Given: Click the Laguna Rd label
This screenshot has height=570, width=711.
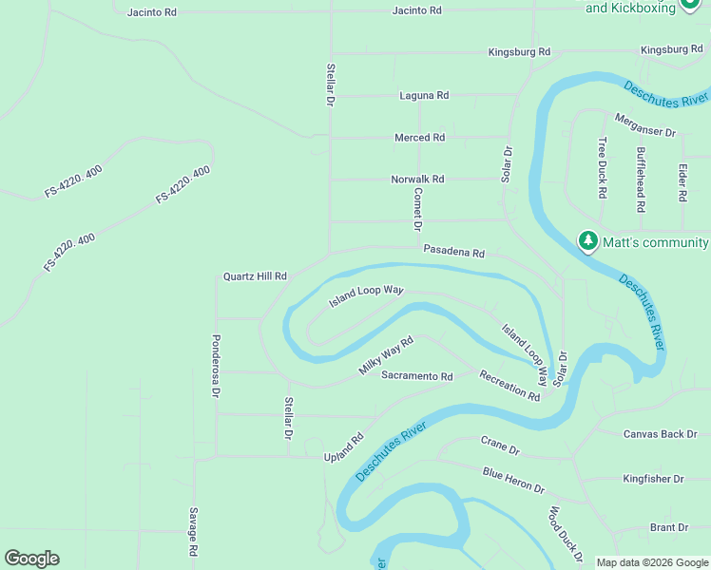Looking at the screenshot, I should point(424,96).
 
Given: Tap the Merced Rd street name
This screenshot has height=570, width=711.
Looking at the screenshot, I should point(419,138).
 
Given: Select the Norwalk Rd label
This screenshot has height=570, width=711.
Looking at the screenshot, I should point(417,179).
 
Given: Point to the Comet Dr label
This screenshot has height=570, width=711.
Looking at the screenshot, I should point(416,209).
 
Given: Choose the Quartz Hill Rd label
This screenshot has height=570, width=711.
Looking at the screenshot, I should point(255,276).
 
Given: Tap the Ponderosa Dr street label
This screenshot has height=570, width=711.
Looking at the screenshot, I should point(216,366).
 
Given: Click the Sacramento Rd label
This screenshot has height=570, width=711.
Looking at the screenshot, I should point(417,376).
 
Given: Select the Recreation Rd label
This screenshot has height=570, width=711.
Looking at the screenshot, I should point(509,386).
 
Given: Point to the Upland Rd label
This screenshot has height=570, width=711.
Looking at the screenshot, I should point(344,448).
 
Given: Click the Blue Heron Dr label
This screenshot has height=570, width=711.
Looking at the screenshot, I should point(513,480).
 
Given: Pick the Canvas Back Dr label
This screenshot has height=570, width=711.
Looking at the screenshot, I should point(660,434).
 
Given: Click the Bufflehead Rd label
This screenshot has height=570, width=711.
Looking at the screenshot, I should point(642,180).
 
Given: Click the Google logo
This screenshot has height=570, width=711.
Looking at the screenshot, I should point(31,559).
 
